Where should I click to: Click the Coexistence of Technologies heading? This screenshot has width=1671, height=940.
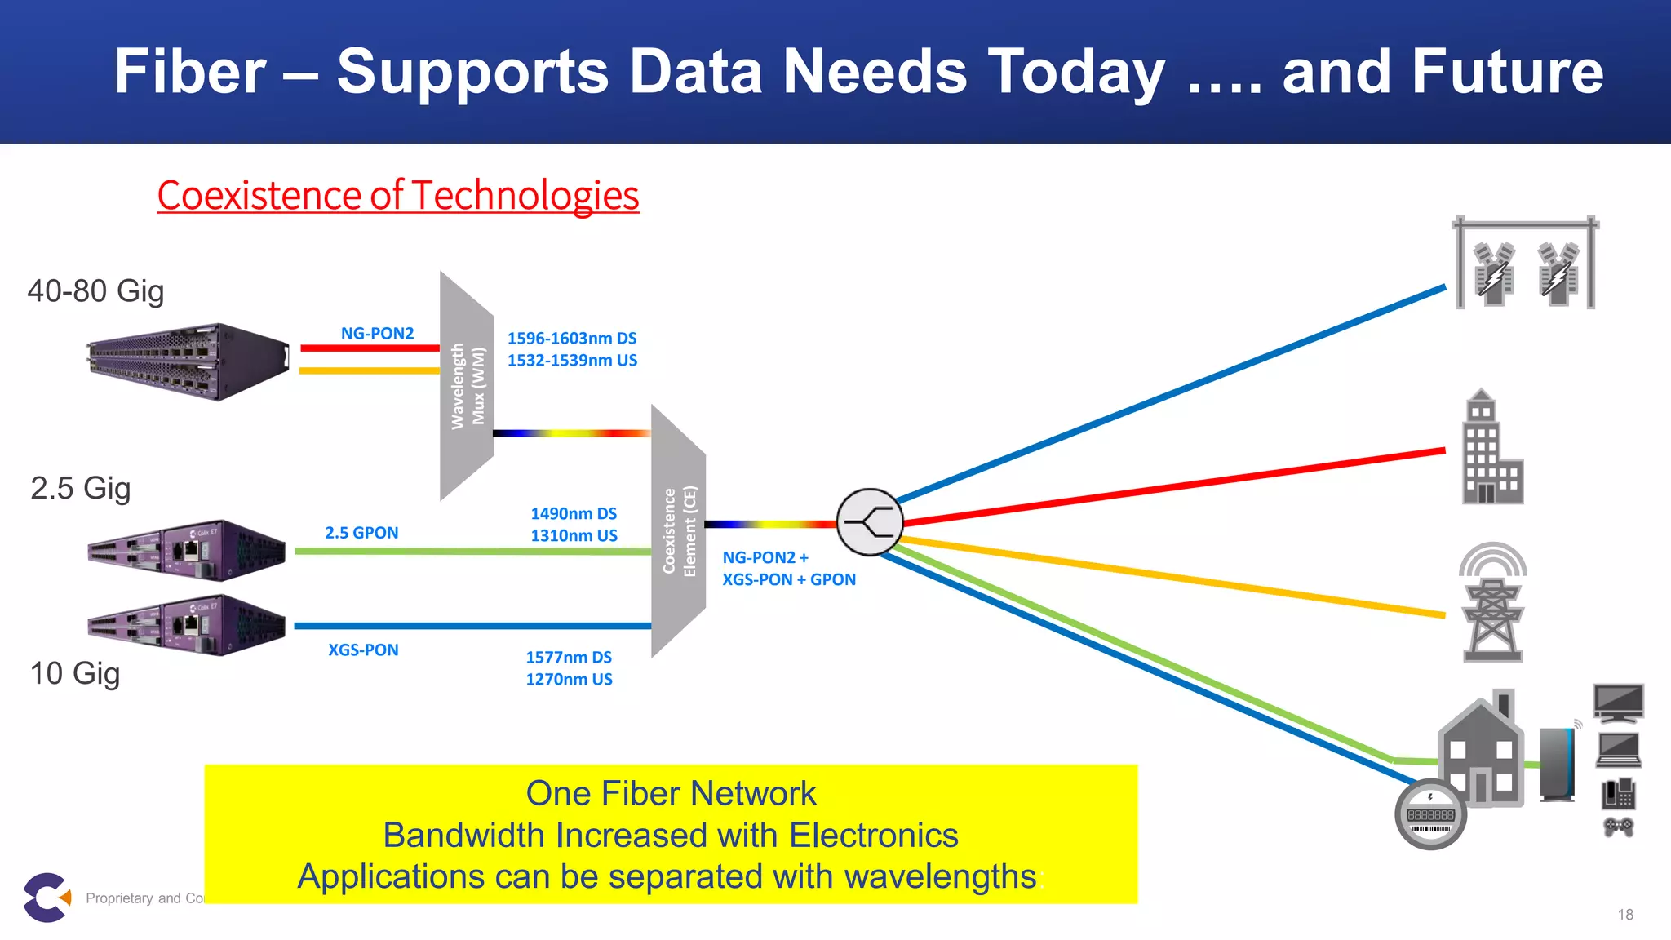pos(398,196)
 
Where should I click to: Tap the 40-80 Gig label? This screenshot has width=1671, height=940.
pos(95,291)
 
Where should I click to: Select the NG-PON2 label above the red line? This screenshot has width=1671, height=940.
pos(377,333)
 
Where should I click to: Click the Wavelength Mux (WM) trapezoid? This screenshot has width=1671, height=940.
pos(467,385)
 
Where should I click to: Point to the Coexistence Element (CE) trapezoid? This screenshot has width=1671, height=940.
pos(678,531)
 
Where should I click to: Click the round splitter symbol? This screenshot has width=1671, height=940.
pos(870,522)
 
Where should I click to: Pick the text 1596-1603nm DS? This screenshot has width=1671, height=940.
pos(571,338)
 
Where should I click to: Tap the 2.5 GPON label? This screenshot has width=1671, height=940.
pos(361,533)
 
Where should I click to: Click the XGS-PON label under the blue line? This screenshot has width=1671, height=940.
pos(363,650)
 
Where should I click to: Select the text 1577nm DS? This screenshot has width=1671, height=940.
pos(569,657)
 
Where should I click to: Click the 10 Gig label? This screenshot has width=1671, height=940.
pos(75,674)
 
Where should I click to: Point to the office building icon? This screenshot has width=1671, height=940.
pos(1491,448)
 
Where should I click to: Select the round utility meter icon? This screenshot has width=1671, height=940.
pos(1430,814)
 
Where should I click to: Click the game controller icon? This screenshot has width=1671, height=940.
pos(1619,827)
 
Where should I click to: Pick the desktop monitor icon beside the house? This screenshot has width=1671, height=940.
pos(1619,703)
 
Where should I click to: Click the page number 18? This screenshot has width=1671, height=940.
pos(1625,915)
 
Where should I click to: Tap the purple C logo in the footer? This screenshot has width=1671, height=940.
pos(46,898)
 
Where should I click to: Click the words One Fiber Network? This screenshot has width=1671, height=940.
pos(671,793)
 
